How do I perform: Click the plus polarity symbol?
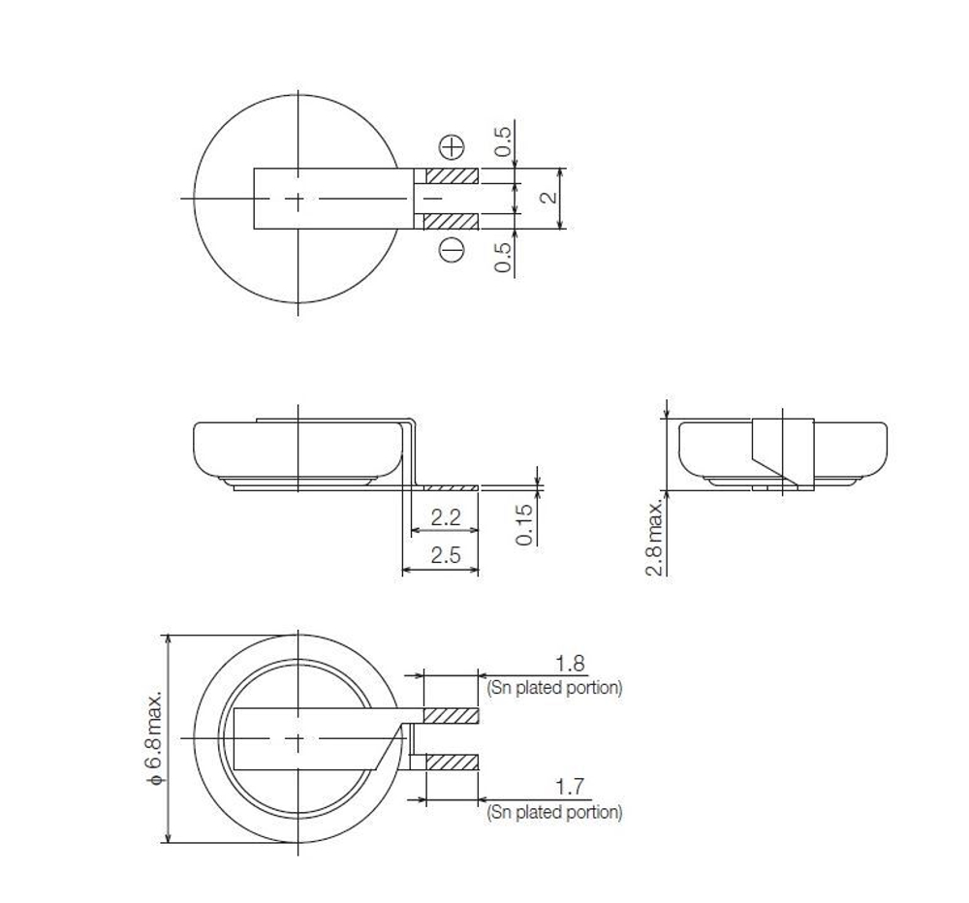coord(453,147)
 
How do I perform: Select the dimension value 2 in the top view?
coord(547,198)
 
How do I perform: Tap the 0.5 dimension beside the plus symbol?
coord(503,141)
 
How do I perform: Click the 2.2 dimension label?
coord(445,518)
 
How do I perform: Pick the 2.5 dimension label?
coord(445,556)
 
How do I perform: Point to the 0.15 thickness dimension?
coord(525,524)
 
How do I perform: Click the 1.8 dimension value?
coord(570,664)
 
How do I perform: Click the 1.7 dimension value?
coord(570,787)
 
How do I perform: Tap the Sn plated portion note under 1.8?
coord(554,688)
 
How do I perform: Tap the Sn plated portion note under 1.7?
coord(554,812)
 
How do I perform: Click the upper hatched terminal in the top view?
coord(453,176)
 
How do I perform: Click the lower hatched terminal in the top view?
coord(453,222)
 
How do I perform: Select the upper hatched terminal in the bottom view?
coord(453,716)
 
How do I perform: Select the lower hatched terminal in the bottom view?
coord(453,763)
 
